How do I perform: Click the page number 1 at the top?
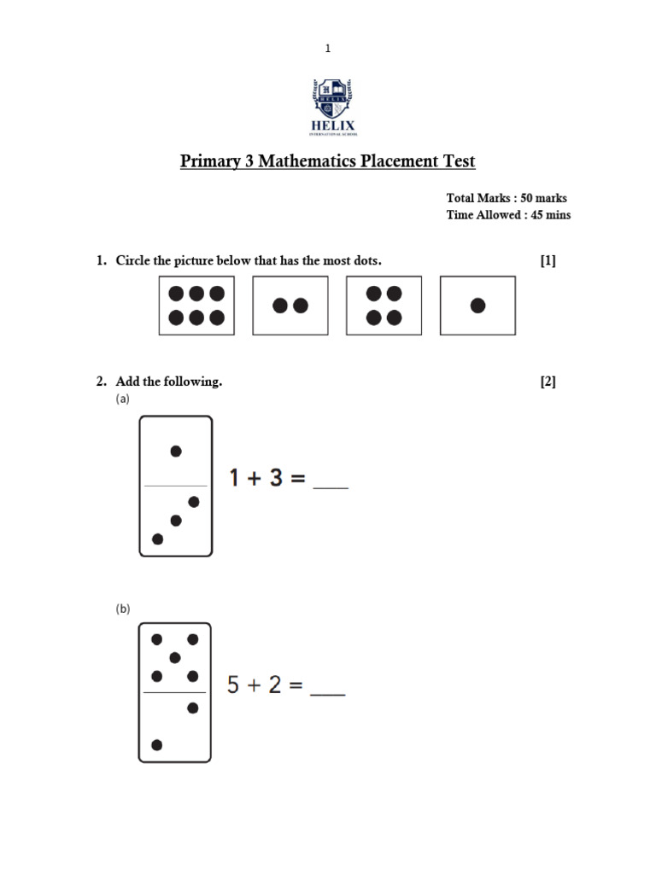(x=328, y=49)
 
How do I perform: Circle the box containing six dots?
(x=196, y=306)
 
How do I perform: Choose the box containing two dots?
(x=290, y=306)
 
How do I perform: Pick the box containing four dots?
(x=384, y=306)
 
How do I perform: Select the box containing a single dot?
(x=477, y=306)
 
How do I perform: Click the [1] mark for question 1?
(x=548, y=260)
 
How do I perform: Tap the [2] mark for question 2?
(x=548, y=382)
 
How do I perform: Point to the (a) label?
(x=123, y=399)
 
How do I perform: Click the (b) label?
(x=123, y=609)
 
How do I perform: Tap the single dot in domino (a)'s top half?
(x=176, y=452)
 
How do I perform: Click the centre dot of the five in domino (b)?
(x=175, y=657)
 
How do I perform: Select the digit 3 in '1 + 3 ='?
(x=275, y=478)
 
